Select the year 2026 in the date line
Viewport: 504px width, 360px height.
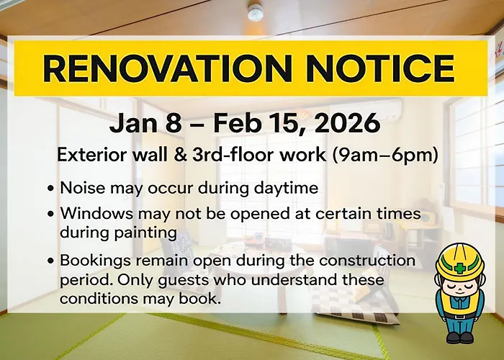348,123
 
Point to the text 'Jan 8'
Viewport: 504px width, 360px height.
145,123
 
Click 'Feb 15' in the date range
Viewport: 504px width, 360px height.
258,123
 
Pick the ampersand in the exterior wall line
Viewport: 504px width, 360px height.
180,155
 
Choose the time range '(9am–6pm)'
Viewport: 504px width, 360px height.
384,156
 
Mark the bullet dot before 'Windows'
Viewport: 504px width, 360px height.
50,214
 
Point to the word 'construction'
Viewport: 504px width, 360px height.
367,260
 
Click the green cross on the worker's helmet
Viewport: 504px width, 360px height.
460,268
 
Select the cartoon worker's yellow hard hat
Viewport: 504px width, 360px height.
460,261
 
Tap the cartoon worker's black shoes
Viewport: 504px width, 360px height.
459,338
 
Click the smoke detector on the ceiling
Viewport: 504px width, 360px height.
256,12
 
